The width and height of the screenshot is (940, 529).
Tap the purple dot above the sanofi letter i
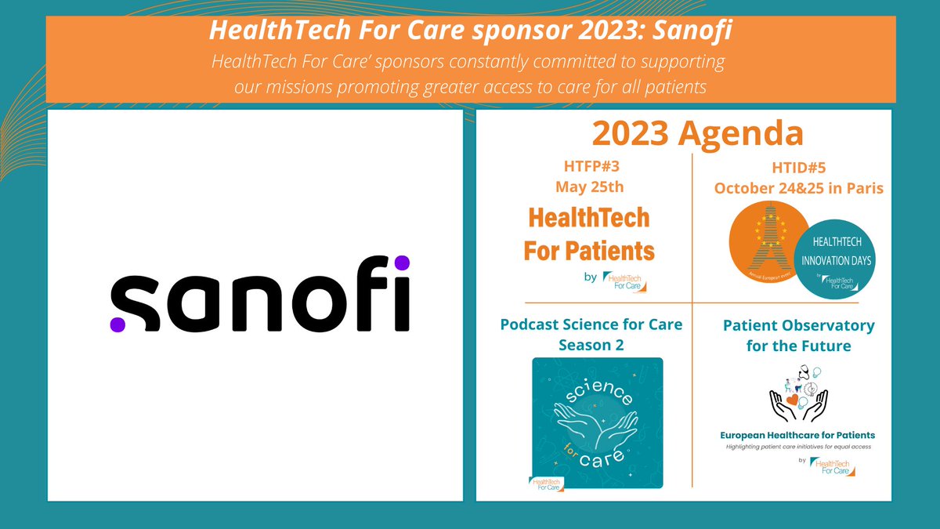[401, 263]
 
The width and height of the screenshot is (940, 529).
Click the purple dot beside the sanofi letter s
[117, 323]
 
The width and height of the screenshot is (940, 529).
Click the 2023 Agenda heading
[697, 134]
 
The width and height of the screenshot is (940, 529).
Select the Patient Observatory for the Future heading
[798, 335]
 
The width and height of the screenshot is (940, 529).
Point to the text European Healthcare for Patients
[797, 435]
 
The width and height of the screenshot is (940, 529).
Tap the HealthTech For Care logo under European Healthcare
[834, 467]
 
